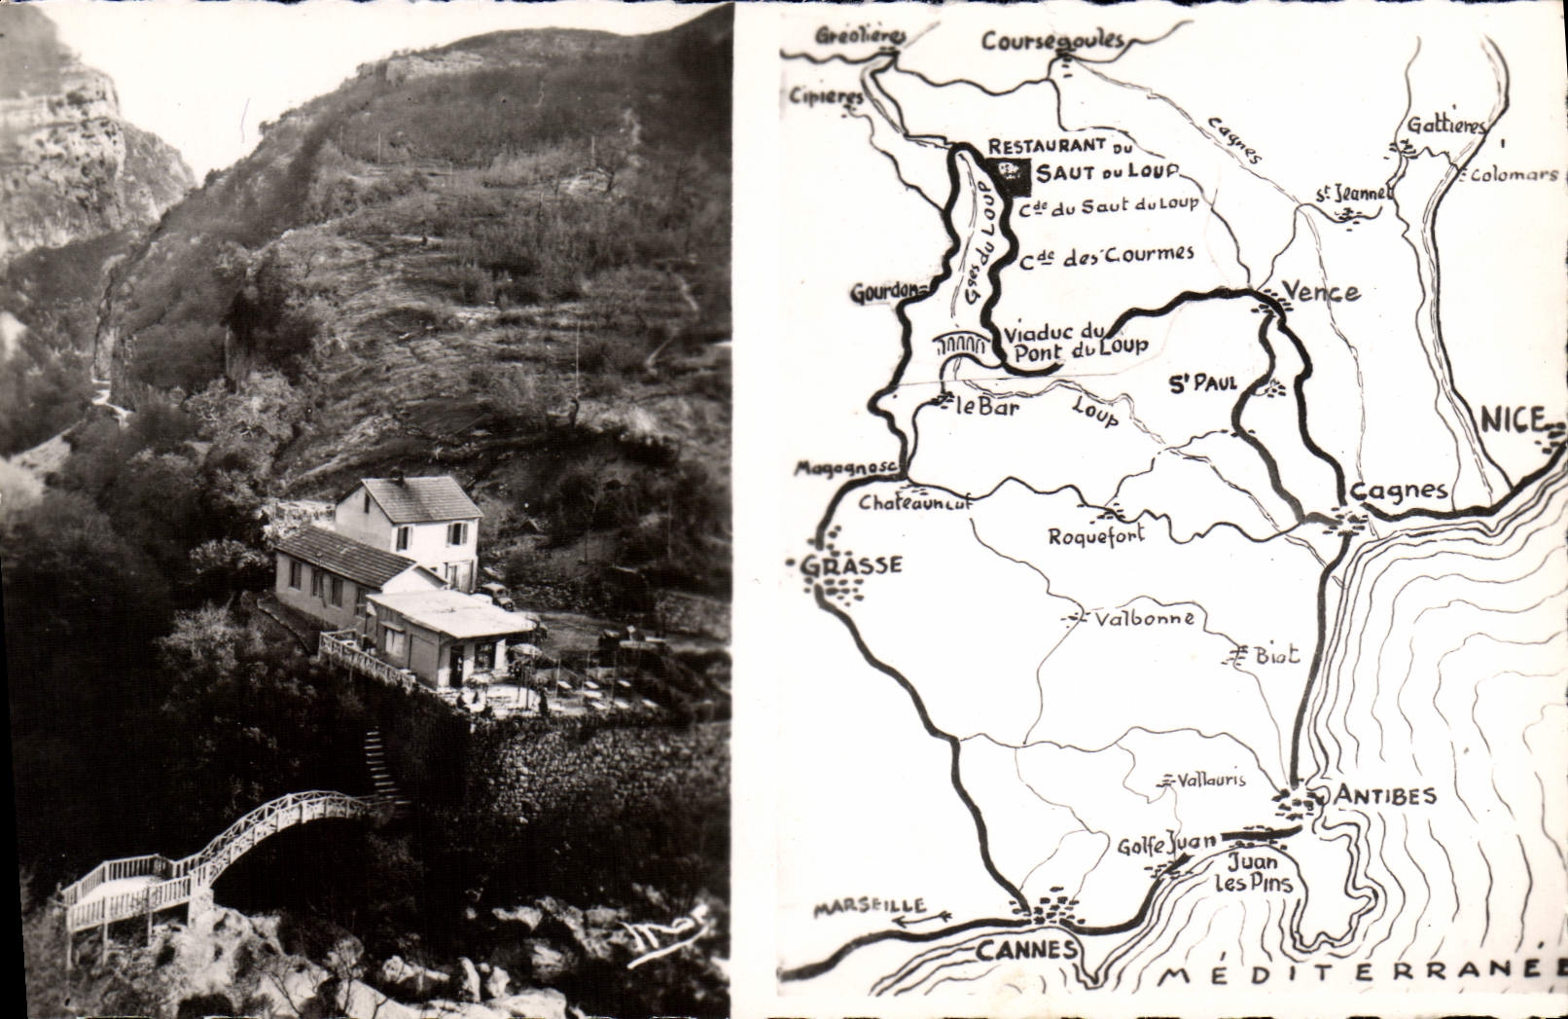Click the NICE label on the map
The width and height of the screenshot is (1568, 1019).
[1513, 420]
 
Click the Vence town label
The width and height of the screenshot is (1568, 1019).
[1321, 291]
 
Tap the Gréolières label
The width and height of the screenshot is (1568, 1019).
[861, 36]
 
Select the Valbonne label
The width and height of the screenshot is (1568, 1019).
[1144, 619]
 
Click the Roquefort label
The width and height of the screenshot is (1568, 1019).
[1096, 534]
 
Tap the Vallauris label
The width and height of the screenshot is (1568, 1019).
[1210, 780]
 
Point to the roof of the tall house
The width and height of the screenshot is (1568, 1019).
[420, 497]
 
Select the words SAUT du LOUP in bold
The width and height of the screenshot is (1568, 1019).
[1105, 172]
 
